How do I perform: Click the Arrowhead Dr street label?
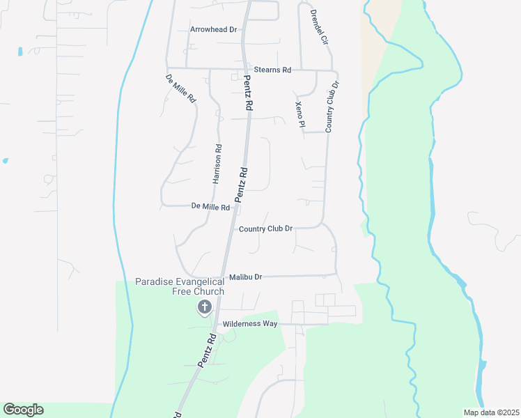[214, 30]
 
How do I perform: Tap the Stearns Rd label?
[272, 70]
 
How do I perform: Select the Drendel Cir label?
[318, 27]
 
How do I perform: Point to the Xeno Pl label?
[300, 114]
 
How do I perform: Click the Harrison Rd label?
[217, 164]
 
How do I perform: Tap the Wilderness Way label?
[249, 324]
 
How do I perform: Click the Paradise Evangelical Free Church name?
[180, 286]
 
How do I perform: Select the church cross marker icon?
[205, 306]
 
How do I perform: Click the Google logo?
[23, 410]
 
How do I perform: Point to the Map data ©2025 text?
[492, 412]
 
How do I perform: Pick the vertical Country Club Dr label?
[332, 107]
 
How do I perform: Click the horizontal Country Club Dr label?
[265, 229]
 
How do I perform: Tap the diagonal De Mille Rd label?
[180, 88]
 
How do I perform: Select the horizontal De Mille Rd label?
[210, 207]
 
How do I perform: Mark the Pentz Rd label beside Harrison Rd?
[241, 185]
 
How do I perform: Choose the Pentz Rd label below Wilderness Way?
[207, 350]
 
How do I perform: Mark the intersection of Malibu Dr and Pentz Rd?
[223, 277]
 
